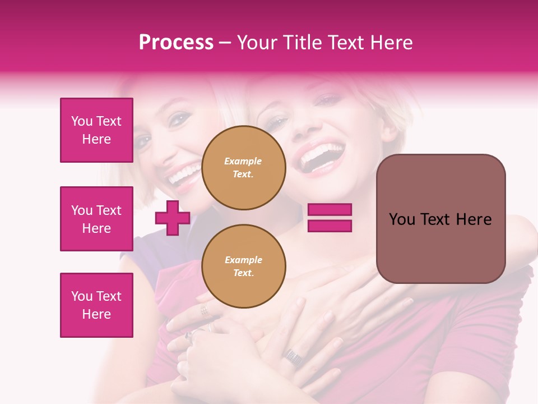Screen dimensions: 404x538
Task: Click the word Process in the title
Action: click(176, 43)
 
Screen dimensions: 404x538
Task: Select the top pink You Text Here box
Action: click(96, 130)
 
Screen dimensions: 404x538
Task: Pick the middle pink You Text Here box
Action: click(96, 219)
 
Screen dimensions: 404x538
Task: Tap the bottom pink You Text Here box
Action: click(96, 305)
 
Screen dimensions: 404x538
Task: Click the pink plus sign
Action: click(173, 218)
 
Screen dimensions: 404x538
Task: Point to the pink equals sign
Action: click(330, 218)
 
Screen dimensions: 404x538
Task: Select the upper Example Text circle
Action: click(243, 168)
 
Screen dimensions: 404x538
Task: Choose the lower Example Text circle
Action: click(243, 266)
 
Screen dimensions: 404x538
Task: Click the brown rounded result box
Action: click(440, 218)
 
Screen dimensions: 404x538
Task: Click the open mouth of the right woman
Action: click(321, 157)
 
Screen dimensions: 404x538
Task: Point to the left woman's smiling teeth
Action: click(183, 175)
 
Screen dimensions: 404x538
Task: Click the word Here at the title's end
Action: click(393, 43)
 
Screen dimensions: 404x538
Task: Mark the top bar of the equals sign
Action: click(330, 210)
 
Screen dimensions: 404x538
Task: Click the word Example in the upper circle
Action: click(243, 162)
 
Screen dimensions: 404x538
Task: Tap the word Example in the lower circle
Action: click(243, 260)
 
